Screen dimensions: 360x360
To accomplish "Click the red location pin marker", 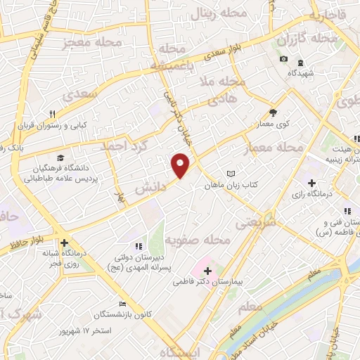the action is pos(181,165).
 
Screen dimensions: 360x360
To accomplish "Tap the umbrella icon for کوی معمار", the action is pos(274,112).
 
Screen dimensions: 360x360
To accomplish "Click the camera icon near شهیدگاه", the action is pos(283,58).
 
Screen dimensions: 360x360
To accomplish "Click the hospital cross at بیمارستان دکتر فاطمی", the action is pos(207,269).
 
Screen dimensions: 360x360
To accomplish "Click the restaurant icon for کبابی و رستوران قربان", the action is pos(53,114).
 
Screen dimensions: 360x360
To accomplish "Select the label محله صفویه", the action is pos(198,240).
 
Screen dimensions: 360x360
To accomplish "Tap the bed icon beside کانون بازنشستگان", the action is pos(123,304).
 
